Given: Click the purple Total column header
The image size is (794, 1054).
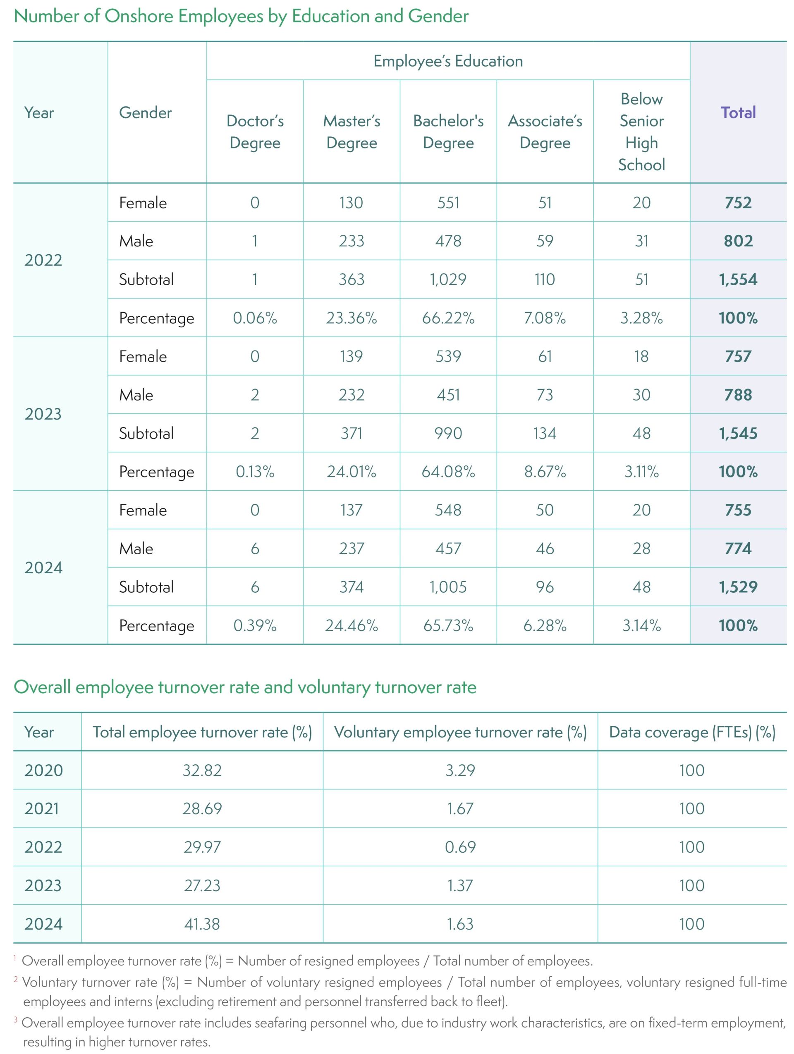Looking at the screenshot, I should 738,112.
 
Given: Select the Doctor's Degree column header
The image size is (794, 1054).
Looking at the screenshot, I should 255,131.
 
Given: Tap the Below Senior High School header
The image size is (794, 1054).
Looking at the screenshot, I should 641,131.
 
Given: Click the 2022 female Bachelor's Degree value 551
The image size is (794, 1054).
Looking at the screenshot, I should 448,203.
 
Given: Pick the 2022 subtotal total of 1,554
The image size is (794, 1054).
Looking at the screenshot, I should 738,279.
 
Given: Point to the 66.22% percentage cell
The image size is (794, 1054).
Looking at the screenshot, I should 448,318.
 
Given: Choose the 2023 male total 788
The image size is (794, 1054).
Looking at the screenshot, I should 738,395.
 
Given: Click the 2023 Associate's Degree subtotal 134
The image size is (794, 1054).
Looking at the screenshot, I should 545,433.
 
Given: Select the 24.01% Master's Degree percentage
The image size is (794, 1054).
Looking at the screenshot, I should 351,472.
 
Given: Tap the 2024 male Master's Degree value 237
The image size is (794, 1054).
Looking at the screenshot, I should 351,548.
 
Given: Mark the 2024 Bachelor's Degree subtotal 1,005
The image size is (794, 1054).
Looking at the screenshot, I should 448,587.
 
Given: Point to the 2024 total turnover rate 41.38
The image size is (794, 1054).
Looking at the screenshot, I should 202,924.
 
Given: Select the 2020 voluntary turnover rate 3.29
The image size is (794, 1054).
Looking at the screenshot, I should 460,770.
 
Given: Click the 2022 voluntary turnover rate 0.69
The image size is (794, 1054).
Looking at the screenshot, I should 460,847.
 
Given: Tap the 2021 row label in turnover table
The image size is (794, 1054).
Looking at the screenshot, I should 42,808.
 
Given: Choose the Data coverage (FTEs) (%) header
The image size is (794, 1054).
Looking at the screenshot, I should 692,732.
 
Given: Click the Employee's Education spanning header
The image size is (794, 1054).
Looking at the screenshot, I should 448,61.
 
